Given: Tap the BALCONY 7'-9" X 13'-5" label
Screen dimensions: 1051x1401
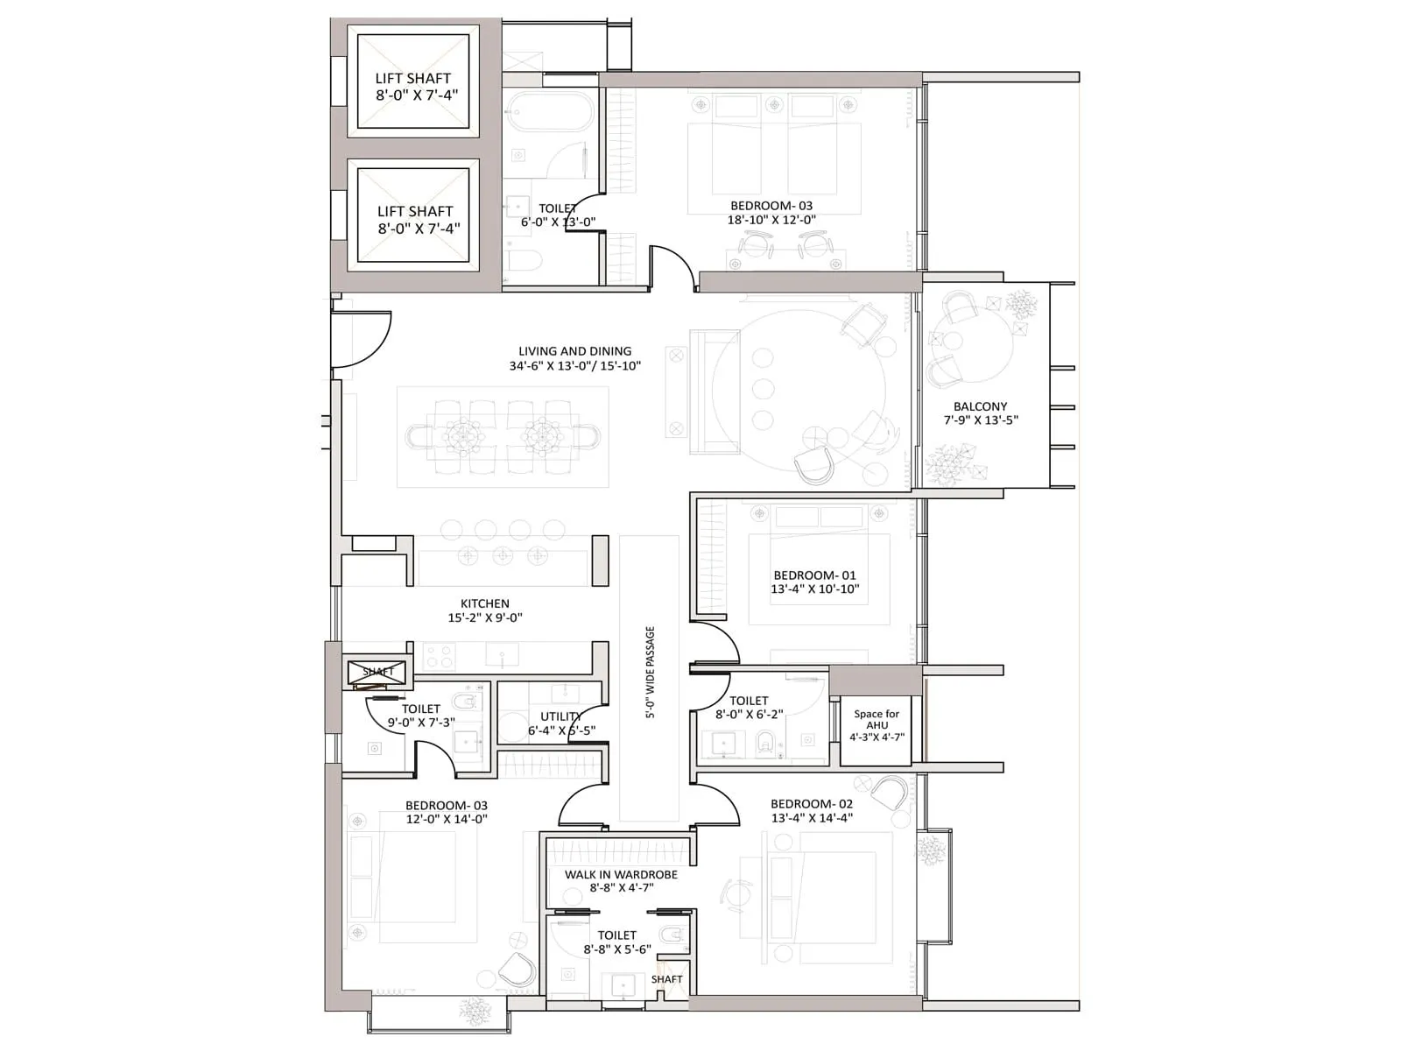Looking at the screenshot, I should [980, 413].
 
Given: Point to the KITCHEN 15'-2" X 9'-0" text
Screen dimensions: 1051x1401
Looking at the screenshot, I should [484, 610].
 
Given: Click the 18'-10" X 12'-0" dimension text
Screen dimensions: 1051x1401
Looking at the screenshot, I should [771, 220].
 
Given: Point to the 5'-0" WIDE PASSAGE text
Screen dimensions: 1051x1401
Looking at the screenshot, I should [650, 672].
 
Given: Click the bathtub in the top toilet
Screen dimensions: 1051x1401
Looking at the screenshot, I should [549, 114].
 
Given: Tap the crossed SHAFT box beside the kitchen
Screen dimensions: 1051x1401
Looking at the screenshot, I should [377, 672].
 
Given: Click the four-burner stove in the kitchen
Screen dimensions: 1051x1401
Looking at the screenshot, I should [439, 654].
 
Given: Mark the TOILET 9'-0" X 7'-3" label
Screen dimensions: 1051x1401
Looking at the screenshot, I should [420, 716].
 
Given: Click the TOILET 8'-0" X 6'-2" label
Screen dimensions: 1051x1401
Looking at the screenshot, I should [749, 707].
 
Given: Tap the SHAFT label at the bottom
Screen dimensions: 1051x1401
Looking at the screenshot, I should [666, 979].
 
